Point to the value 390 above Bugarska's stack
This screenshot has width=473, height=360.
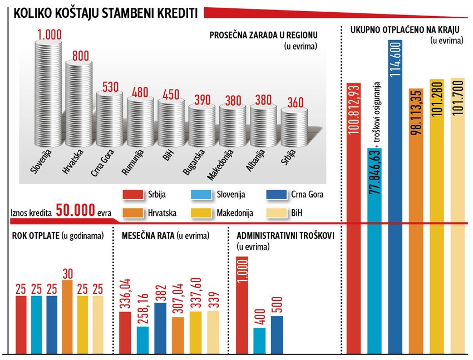pos(201,100)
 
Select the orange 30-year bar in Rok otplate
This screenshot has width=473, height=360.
pos(67,317)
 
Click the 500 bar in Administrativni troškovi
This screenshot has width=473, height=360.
pos(277,334)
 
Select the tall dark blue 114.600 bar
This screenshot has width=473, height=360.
pos(395,200)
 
